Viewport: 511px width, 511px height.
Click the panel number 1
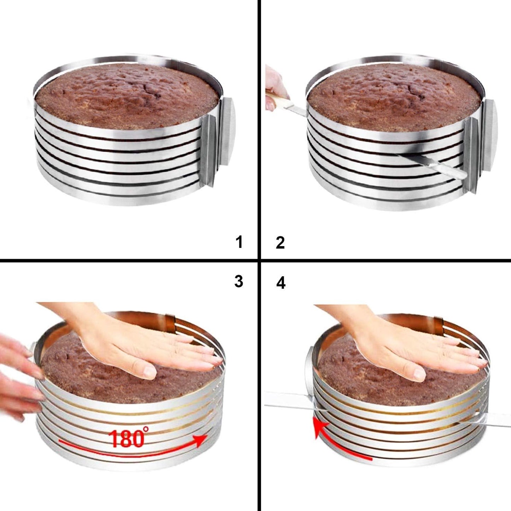pyautogui.click(x=239, y=243)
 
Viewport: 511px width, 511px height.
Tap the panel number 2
pyautogui.click(x=280, y=243)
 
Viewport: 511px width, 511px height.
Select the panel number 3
pyautogui.click(x=239, y=281)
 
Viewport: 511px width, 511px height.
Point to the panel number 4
pyautogui.click(x=281, y=283)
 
